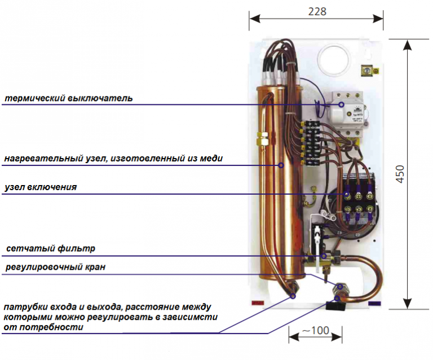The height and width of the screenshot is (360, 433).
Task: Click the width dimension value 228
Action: coord(317,11)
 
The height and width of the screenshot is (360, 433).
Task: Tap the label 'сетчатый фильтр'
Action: coord(51,248)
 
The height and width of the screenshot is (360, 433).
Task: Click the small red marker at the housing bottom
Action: coord(258,303)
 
